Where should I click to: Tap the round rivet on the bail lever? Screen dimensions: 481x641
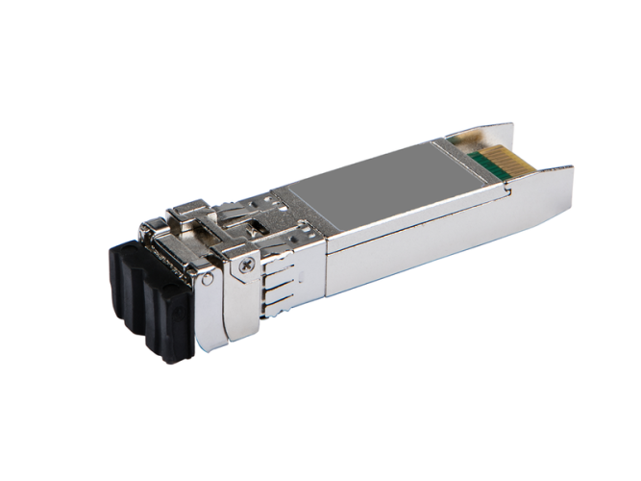click(207, 279)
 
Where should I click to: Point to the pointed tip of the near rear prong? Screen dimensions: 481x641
click(570, 172)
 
